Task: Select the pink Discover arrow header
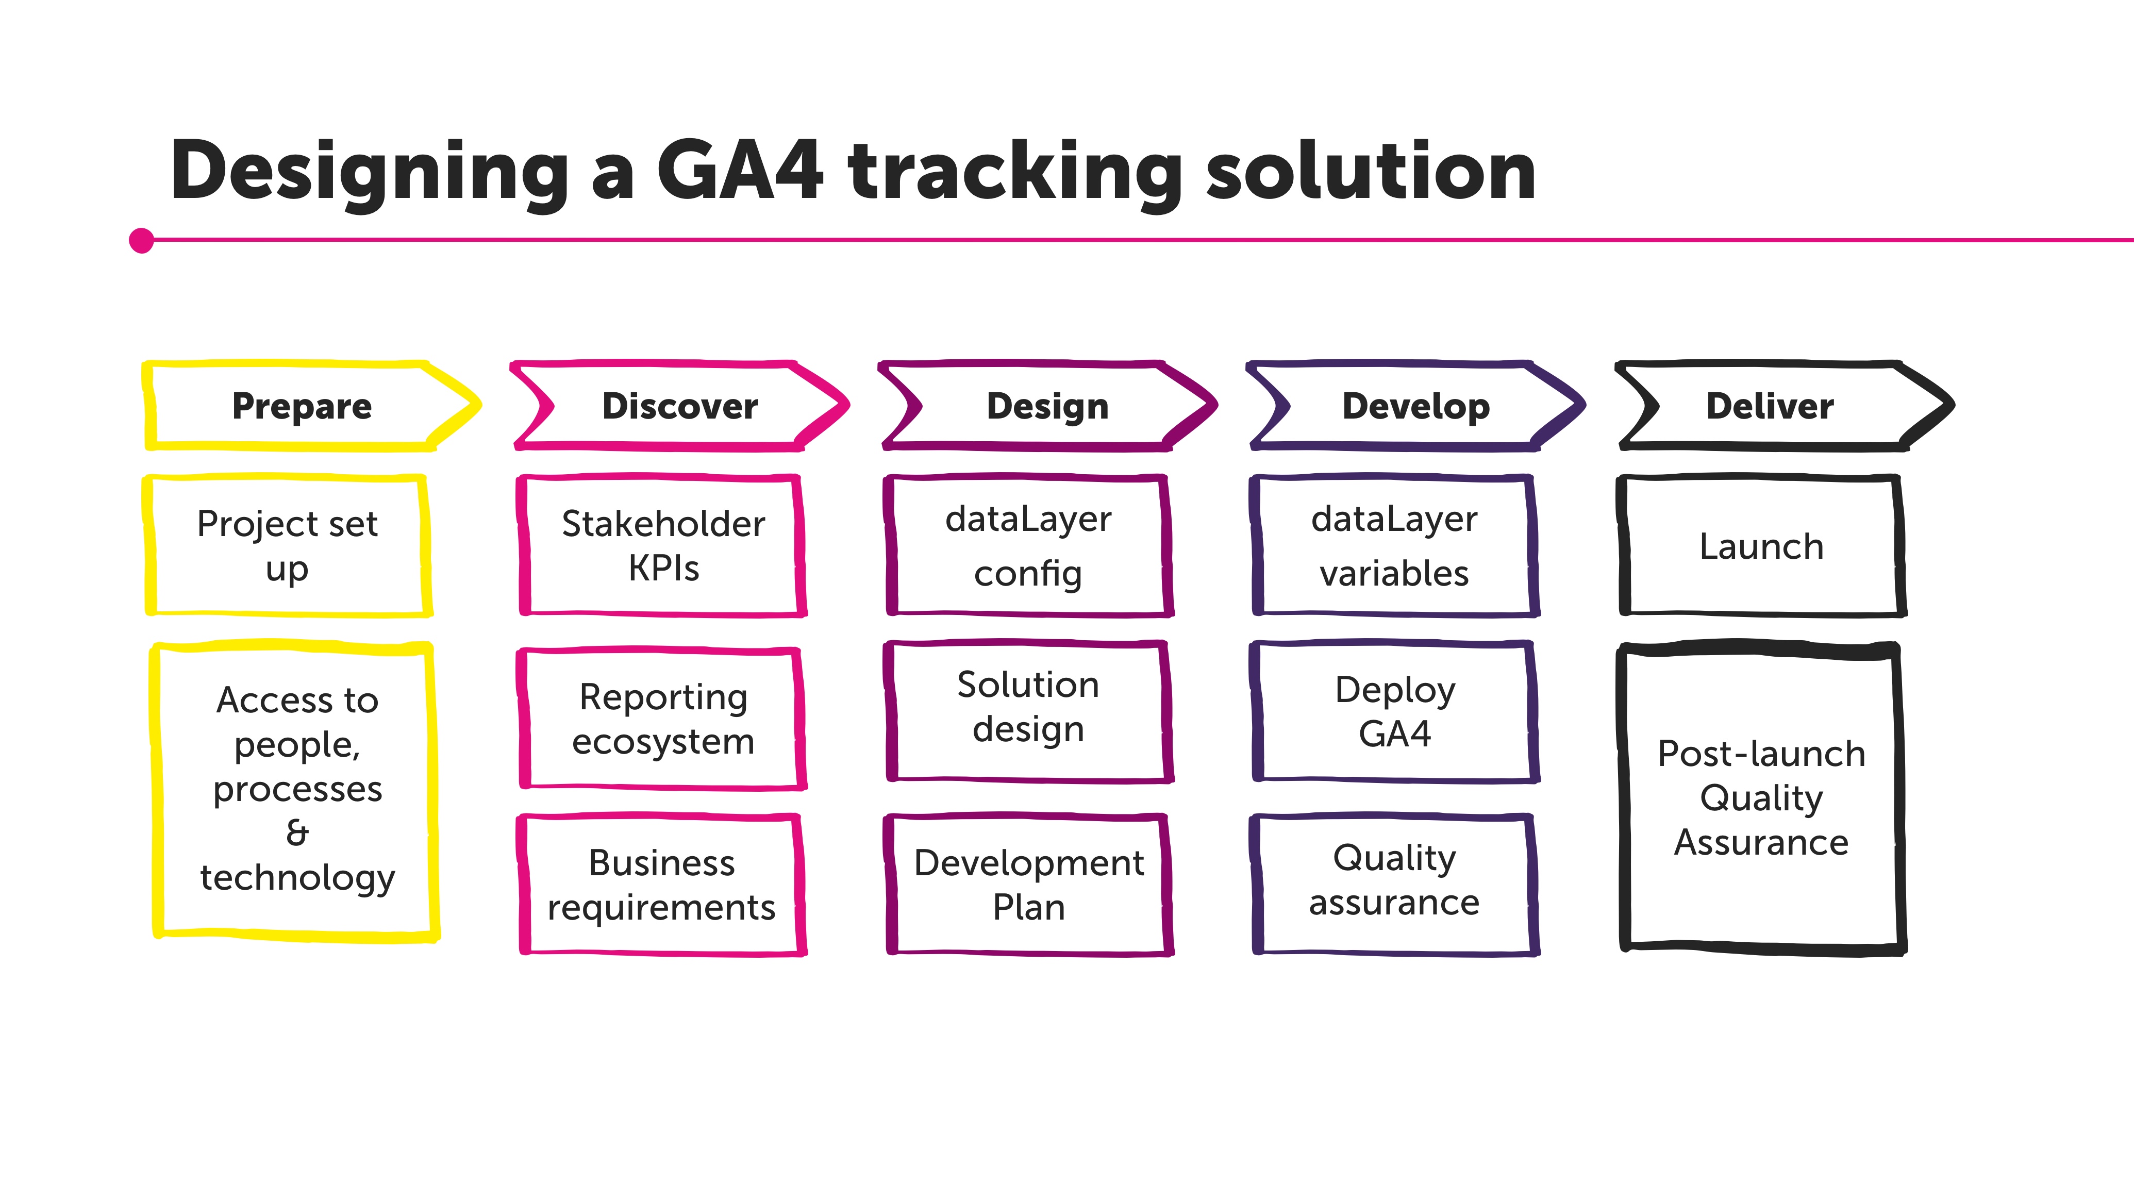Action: pyautogui.click(x=679, y=406)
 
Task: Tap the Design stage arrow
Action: pyautogui.click(x=1047, y=406)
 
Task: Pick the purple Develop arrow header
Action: pyautogui.click(x=1416, y=406)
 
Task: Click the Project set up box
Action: pyautogui.click(x=288, y=546)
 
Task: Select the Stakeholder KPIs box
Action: pyautogui.click(x=663, y=546)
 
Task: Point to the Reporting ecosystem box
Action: pyautogui.click(x=663, y=719)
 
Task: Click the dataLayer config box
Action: pyautogui.click(x=1028, y=546)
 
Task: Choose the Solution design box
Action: pyautogui.click(x=1028, y=708)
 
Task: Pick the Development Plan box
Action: pyautogui.click(x=1028, y=885)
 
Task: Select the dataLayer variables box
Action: pyautogui.click(x=1394, y=546)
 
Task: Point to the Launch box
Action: pyautogui.click(x=1761, y=546)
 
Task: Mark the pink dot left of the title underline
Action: pyautogui.click(x=142, y=240)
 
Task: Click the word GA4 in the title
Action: pyautogui.click(x=740, y=172)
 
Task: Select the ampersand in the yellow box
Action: pyautogui.click(x=296, y=833)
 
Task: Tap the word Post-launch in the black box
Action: pyautogui.click(x=1761, y=754)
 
